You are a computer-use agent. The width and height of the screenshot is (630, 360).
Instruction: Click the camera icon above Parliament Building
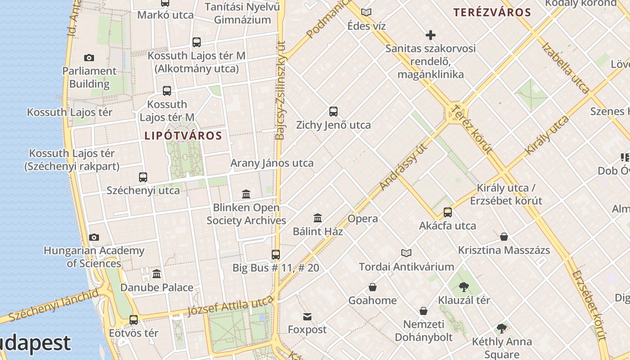coord(89,58)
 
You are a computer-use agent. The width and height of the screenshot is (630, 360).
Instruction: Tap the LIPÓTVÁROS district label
coord(184,135)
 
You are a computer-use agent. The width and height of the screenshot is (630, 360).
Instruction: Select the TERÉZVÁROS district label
coord(492,12)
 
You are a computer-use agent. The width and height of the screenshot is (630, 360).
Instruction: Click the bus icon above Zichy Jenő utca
coord(333,112)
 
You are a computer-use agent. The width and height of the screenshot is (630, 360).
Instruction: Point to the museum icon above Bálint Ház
coord(318,218)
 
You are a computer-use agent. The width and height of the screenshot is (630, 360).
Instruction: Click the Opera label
coord(363,219)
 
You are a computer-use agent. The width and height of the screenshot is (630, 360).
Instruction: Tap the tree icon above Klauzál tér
coord(464,287)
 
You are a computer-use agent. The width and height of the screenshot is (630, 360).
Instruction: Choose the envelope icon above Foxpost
coord(307,317)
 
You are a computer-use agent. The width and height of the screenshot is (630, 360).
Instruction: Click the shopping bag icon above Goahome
coord(373,287)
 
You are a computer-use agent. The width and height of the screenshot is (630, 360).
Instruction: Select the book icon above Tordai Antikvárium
coord(406,253)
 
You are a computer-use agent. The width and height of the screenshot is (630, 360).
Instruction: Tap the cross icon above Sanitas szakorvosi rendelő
coord(431,35)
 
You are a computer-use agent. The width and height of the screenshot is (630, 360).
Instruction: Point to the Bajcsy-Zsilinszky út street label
coord(281,90)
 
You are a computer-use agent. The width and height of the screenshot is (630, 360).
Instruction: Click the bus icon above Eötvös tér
coord(134,320)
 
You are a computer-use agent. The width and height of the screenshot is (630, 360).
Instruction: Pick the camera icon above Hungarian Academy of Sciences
coord(94,238)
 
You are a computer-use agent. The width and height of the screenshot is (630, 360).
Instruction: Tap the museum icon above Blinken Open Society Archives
coord(246,194)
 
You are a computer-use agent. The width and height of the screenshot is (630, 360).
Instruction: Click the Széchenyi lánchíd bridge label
coord(53,306)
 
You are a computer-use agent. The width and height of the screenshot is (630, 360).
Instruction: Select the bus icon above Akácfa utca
coord(448,212)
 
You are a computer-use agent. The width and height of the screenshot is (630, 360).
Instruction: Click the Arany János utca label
coord(272,163)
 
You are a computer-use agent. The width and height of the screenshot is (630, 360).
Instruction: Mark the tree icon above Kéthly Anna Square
coord(502,329)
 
